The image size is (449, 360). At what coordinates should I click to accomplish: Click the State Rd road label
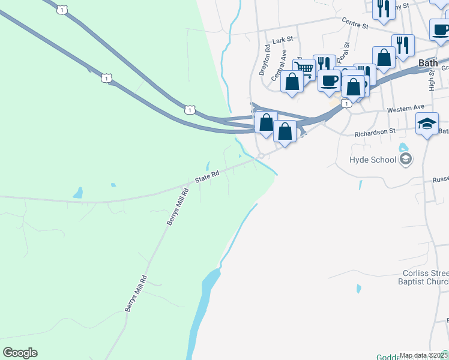pyautogui.click(x=208, y=176)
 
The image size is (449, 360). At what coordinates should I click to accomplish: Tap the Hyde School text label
pyautogui.click(x=373, y=160)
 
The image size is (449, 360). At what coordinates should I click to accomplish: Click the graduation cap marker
pyautogui.click(x=427, y=124)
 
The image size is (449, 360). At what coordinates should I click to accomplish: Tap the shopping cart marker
pyautogui.click(x=304, y=68)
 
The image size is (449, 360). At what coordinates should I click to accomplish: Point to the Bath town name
pyautogui.click(x=427, y=62)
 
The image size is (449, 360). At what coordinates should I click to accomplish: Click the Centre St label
pyautogui.click(x=354, y=24)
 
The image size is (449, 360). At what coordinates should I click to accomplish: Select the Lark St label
pyautogui.click(x=282, y=40)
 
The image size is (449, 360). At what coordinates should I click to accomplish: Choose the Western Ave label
pyautogui.click(x=406, y=109)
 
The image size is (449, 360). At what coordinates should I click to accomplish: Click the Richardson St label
pyautogui.click(x=375, y=131)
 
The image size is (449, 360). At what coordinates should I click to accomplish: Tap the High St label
pyautogui.click(x=432, y=80)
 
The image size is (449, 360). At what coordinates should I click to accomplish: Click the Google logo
pyautogui.click(x=20, y=353)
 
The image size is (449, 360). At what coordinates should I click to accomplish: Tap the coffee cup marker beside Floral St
pyautogui.click(x=330, y=80)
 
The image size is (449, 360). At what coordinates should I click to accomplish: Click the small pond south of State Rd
pyautogui.click(x=77, y=193)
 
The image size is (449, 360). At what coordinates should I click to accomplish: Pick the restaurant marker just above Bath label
pyautogui.click(x=403, y=44)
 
